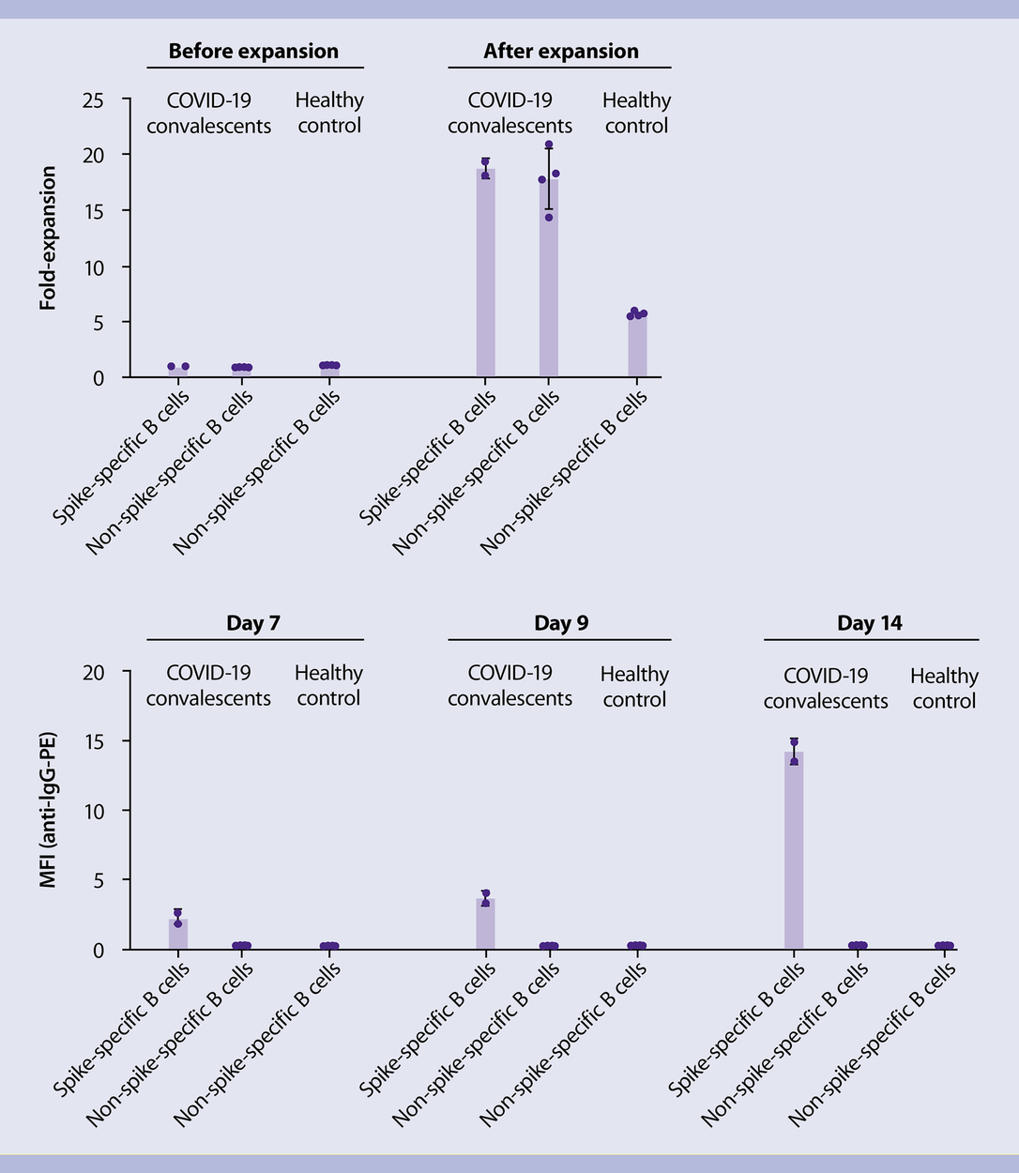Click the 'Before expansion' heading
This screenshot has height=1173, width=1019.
coord(253,52)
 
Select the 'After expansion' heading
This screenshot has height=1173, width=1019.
coord(560,52)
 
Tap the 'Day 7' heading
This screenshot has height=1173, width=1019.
coord(253,623)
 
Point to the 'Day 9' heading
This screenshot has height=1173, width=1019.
coord(560,623)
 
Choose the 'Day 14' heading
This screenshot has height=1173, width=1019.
coord(869,623)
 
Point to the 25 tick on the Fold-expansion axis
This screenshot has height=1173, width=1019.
coord(93,99)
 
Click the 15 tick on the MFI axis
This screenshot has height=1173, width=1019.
coord(93,741)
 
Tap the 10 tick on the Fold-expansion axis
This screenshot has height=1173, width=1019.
coord(93,267)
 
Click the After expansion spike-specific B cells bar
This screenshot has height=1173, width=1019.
coord(485,272)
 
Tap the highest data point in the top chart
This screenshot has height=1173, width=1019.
coord(549,145)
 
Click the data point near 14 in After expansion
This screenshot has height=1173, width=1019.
coord(549,218)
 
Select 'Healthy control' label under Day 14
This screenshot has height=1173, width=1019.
coord(944,689)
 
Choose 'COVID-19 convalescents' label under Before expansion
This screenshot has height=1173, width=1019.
coord(209,113)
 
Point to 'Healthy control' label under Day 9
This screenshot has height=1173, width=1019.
coord(634,687)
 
